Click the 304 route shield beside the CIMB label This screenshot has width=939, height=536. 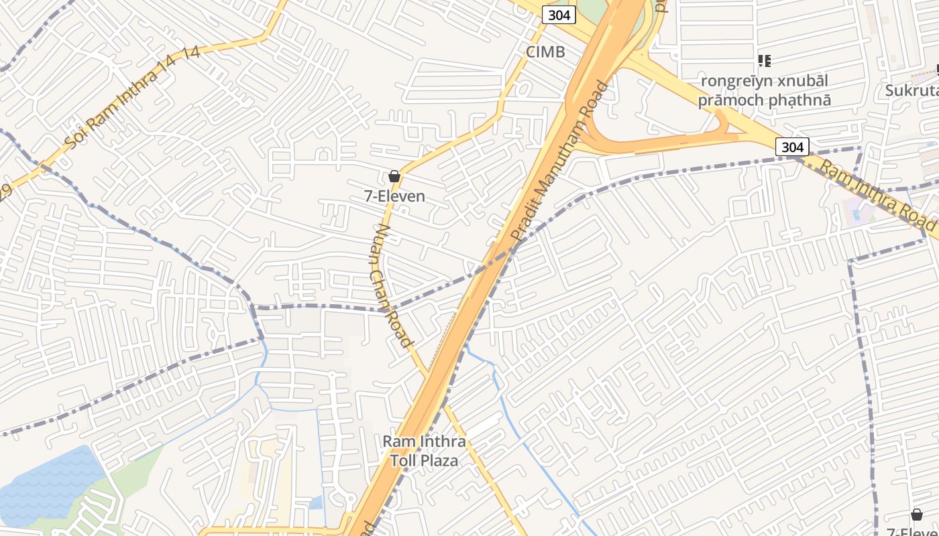[x=559, y=14]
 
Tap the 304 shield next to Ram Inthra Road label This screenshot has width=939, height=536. [x=792, y=146]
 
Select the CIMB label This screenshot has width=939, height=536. [x=545, y=52]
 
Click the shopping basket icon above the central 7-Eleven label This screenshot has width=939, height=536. [x=394, y=176]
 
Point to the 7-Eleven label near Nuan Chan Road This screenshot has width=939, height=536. [x=394, y=196]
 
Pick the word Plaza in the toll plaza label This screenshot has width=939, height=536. [x=441, y=461]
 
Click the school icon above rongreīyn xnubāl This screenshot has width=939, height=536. [x=764, y=61]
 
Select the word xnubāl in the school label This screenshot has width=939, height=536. [x=799, y=81]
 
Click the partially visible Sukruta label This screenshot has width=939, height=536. [x=912, y=90]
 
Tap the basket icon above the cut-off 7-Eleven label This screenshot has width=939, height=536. [x=916, y=515]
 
